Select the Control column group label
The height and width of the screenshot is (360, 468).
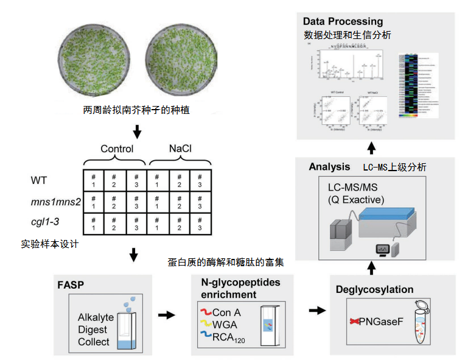click(x=117, y=149)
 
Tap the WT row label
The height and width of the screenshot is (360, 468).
click(x=38, y=180)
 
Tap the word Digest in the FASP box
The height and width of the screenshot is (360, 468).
click(x=93, y=330)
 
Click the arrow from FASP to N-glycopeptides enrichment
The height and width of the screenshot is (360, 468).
click(x=166, y=315)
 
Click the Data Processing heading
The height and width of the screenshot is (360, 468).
click(x=343, y=22)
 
